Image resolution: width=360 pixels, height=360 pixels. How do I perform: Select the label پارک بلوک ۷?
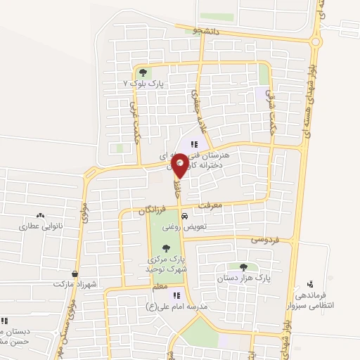coord(143,83)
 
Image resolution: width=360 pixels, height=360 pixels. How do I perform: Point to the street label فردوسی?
coord(265,240)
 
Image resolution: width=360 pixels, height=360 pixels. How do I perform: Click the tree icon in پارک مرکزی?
coord(166,247)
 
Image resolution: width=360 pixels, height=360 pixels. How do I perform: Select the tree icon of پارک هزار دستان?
coord(243,267)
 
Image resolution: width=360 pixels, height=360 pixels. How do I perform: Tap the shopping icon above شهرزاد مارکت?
coord(75,274)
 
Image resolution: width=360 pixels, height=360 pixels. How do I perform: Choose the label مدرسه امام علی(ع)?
coord(176,307)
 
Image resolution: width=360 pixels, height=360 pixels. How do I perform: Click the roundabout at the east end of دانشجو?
coord(315,41)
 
